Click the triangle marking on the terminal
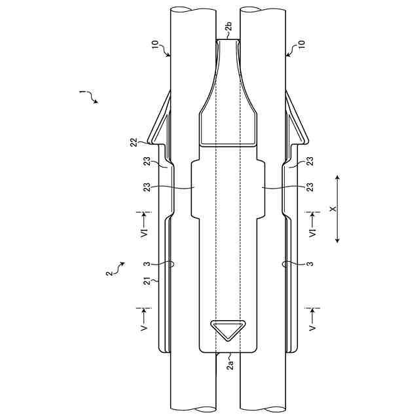point(228,330)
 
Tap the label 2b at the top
point(228,27)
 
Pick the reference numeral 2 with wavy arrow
point(109,274)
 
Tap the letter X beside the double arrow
point(333,209)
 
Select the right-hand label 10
point(301,45)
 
